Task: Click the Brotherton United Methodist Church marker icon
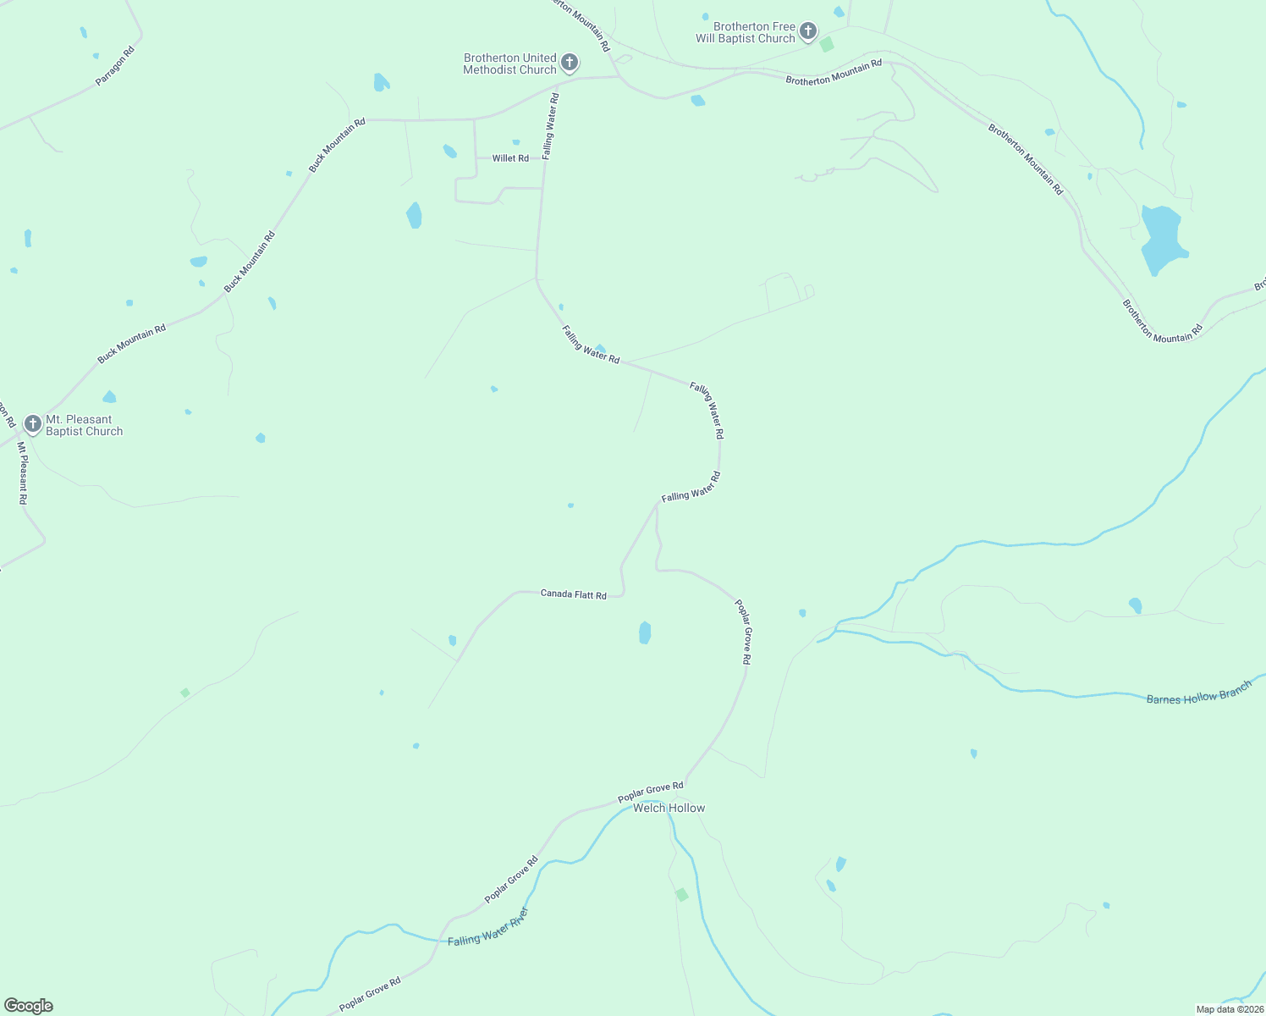[570, 62]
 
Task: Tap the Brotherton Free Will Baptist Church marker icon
[807, 31]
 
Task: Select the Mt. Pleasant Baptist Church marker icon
[32, 423]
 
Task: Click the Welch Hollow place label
[669, 809]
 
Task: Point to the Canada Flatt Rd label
[574, 595]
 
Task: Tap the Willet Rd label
[510, 158]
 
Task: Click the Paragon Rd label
[115, 65]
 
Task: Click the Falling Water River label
[488, 928]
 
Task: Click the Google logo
[28, 1006]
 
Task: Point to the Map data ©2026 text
[1229, 1009]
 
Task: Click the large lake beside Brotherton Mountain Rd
[1162, 237]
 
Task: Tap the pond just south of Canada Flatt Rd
[645, 632]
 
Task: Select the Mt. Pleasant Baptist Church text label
[84, 425]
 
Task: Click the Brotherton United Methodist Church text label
[509, 63]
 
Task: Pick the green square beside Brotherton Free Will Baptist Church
[827, 45]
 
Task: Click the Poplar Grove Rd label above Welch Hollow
[650, 792]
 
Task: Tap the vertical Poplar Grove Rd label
[742, 632]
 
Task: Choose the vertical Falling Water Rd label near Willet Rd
[550, 126]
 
